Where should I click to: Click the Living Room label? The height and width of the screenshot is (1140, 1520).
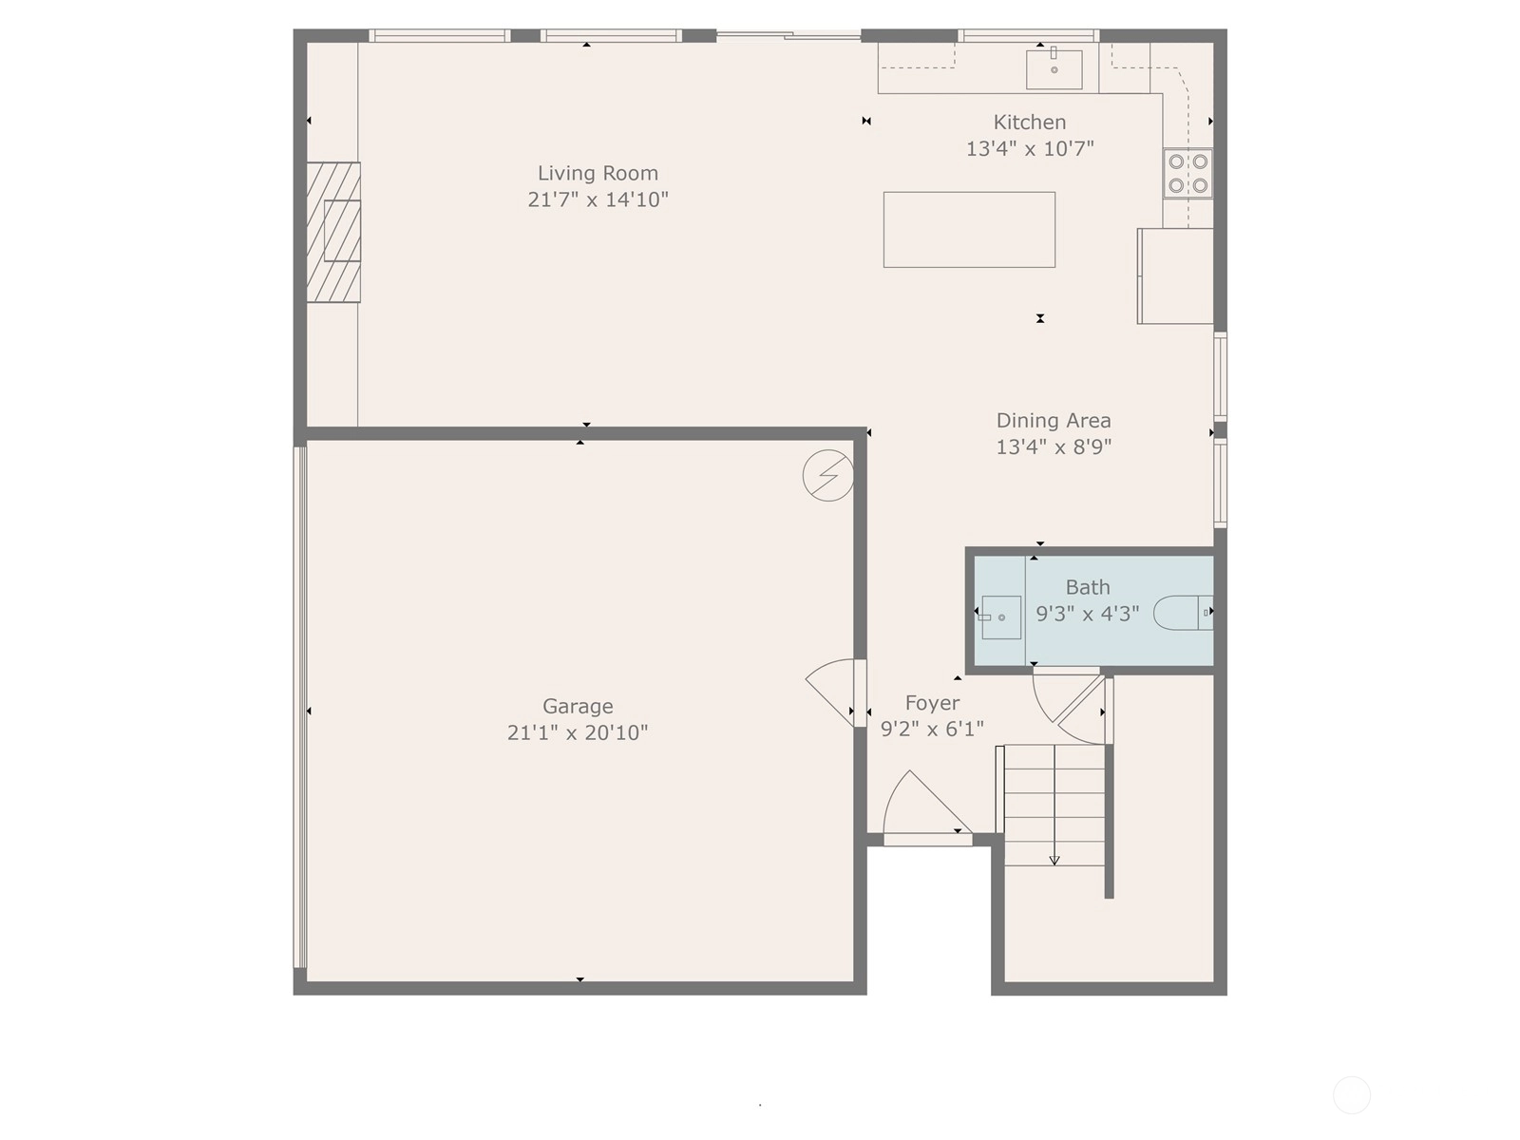pos(598,173)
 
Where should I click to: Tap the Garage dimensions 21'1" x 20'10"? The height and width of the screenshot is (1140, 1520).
pos(578,732)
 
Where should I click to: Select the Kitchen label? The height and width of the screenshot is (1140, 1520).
pos(1030,123)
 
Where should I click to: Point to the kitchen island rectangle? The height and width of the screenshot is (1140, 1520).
pos(969,230)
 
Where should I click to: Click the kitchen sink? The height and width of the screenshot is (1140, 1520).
pos(1054,69)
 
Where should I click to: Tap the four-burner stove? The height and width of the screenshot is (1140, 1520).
pos(1187,173)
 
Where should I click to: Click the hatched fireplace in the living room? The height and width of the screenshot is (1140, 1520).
pos(333,232)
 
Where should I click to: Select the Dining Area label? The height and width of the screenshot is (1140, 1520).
pos(1054,421)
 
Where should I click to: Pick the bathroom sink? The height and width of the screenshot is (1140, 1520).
pos(1000,617)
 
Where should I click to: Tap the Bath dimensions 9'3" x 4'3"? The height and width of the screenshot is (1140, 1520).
pos(1087,614)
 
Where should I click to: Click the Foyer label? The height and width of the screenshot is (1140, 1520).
pos(932,703)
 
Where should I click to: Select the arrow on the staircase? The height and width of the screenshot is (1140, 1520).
pos(1054,805)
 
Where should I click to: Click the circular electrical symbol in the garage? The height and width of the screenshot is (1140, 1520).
pos(827,476)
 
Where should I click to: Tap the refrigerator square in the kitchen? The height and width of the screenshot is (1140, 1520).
pos(1175,276)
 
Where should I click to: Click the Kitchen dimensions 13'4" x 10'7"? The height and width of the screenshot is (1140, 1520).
pos(1030,149)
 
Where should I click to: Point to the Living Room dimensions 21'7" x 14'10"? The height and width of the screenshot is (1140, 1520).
pos(598,200)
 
